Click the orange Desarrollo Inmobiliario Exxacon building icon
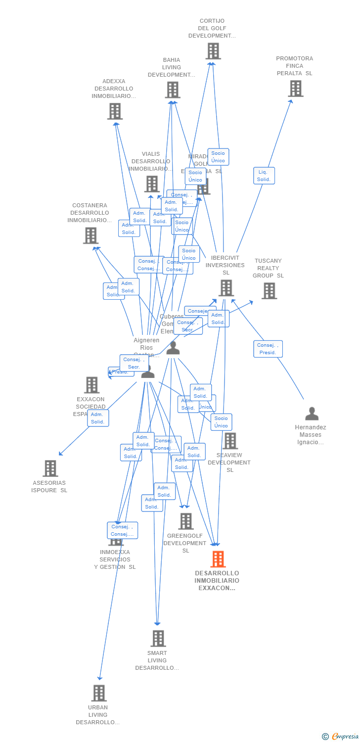[218, 559]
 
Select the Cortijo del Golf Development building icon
[213, 51]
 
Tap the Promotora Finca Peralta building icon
[295, 89]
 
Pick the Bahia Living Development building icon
[172, 90]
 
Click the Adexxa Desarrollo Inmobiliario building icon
[115, 111]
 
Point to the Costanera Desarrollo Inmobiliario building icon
[90, 235]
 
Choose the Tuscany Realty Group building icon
[269, 291]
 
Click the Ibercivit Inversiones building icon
[226, 288]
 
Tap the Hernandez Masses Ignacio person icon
[312, 414]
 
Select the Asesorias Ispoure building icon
[50, 468]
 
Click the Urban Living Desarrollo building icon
[99, 693]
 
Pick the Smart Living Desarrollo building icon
[158, 638]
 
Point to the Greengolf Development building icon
[186, 521]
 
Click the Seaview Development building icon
[230, 441]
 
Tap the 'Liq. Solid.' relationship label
[264, 176]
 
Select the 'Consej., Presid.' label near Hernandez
[268, 349]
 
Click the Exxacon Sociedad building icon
[92, 385]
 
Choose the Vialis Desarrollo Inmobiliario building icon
[152, 184]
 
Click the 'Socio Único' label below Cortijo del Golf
[218, 157]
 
